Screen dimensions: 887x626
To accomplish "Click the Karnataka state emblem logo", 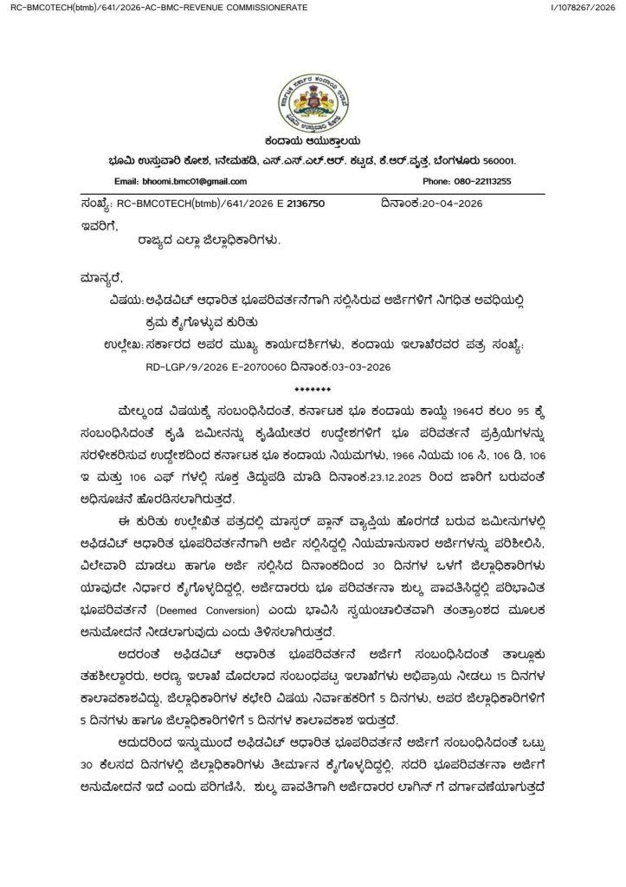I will pyautogui.click(x=313, y=103).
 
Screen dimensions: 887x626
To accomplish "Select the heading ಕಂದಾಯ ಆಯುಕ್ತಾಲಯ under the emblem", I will pyautogui.click(x=313, y=141).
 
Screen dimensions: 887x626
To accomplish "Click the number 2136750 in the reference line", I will pyautogui.click(x=301, y=204).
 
